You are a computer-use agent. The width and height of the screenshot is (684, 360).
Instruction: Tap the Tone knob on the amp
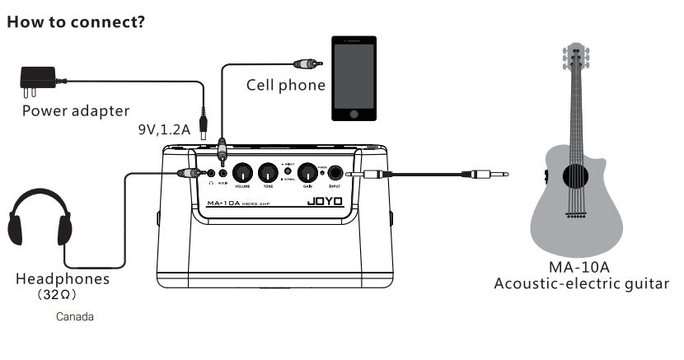click(267, 173)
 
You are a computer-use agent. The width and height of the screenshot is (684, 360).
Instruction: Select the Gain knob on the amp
click(307, 173)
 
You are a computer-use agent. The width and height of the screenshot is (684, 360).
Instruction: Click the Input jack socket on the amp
click(335, 173)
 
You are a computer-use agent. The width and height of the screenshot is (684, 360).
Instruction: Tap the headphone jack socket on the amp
click(212, 173)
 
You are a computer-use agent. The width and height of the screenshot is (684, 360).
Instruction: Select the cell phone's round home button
click(354, 115)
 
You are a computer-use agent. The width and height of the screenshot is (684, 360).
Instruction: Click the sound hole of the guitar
click(576, 175)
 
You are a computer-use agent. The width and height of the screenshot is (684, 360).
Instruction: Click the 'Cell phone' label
click(285, 85)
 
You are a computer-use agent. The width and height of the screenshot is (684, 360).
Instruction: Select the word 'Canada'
click(75, 316)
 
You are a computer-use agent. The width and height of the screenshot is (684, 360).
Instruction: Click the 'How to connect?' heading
click(76, 21)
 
